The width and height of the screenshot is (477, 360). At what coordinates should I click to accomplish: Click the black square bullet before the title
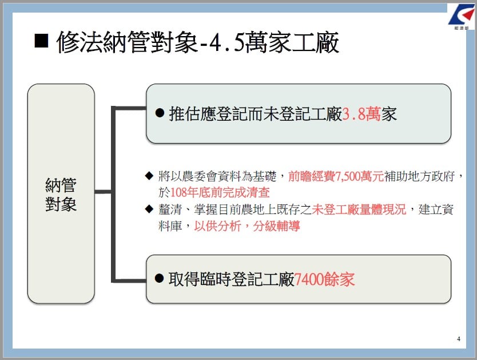pos(41,41)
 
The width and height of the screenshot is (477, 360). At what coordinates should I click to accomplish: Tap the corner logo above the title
pos(462,17)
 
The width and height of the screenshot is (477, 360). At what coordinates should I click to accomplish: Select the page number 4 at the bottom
pos(459,339)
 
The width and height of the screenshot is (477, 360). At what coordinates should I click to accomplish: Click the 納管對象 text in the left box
pos(61,195)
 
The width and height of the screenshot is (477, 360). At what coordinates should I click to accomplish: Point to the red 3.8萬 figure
pos(361,114)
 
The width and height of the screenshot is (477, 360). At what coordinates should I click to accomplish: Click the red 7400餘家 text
pos(324,279)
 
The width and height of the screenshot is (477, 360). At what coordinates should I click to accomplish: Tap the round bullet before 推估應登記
pos(160,113)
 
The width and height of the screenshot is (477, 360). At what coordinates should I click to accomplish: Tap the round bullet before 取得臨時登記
pos(160,278)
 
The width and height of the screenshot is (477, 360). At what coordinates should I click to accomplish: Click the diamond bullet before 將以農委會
pos(149,176)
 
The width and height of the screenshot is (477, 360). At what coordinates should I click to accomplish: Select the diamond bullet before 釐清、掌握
pos(149,209)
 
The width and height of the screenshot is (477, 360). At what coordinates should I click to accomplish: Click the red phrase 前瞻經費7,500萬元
pos(336,176)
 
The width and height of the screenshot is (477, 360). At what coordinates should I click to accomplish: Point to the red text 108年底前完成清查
pos(220,192)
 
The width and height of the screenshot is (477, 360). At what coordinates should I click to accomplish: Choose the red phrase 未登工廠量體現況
pos(359,209)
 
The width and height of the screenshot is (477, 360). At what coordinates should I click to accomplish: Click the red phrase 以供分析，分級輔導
pos(247,226)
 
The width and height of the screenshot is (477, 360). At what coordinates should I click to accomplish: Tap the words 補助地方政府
pos(419,176)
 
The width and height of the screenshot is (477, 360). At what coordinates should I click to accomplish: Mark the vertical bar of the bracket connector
pos(113,194)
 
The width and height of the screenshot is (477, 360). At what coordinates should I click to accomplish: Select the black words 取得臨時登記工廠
pos(231,279)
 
